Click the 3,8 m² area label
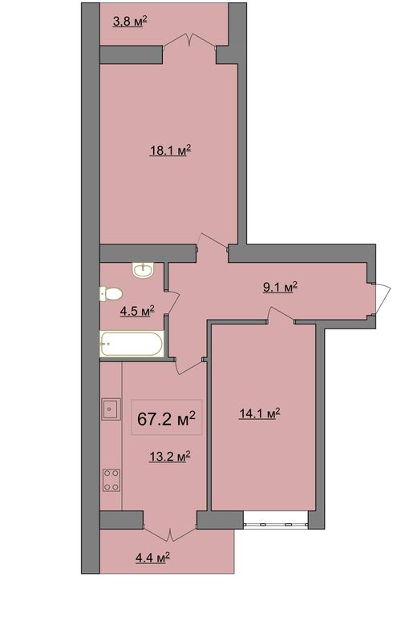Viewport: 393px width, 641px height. [130, 22]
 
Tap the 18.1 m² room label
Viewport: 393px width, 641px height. [171, 151]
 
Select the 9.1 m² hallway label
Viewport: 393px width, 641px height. [280, 287]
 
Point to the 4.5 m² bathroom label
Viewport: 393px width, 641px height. [137, 312]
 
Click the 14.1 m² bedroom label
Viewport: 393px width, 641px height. [260, 413]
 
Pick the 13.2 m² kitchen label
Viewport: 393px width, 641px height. [169, 456]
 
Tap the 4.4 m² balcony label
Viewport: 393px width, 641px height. [152, 558]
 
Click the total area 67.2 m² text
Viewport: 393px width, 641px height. [166, 418]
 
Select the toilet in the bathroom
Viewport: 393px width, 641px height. [111, 294]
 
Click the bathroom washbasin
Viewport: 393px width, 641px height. [143, 270]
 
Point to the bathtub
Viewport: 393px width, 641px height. [132, 344]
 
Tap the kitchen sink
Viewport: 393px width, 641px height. [111, 409]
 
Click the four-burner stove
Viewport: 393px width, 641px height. [111, 480]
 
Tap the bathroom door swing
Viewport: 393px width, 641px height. [172, 302]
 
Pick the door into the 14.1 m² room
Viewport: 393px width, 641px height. [282, 314]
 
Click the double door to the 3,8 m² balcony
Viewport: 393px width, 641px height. [189, 41]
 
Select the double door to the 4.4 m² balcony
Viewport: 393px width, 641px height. [170, 533]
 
